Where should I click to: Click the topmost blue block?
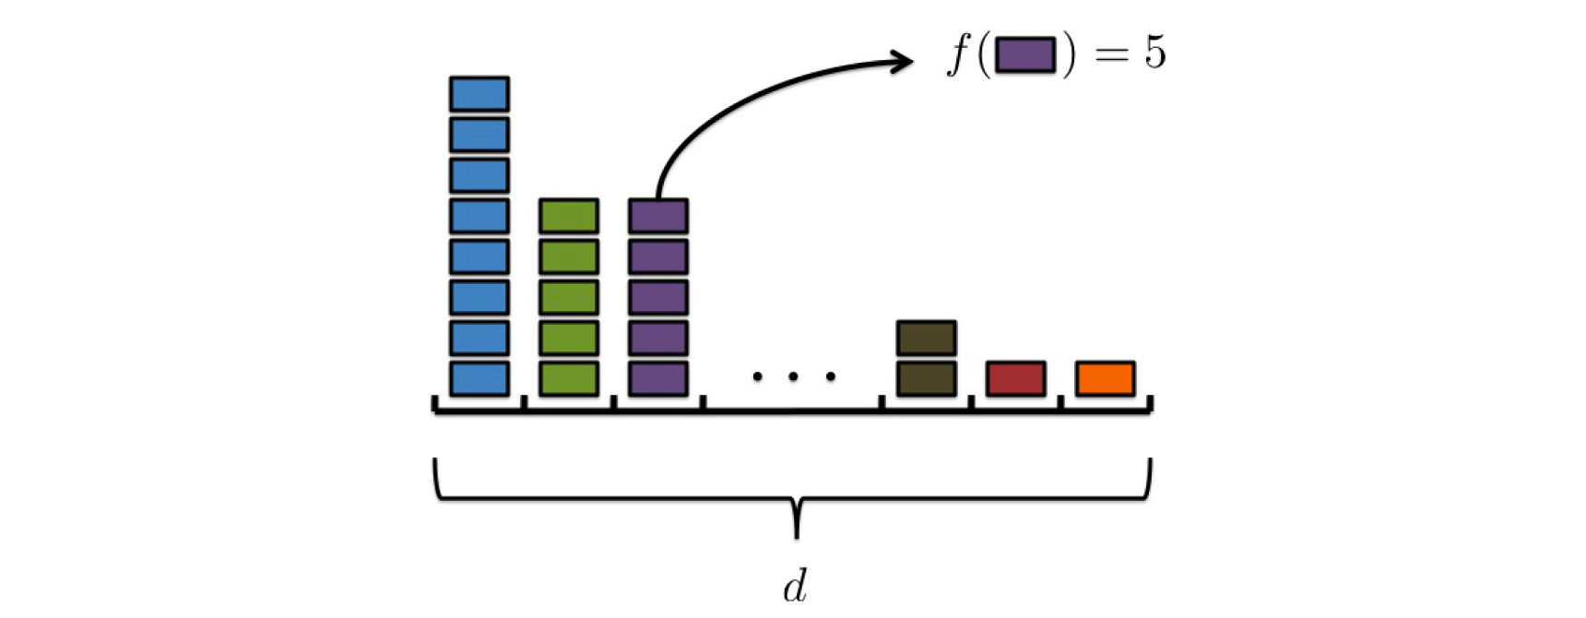[479, 94]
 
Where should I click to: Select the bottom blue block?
[479, 378]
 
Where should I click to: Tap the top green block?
[569, 216]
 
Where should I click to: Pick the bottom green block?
[569, 378]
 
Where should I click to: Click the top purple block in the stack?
[658, 216]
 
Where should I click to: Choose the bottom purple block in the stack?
[658, 378]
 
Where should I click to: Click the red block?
[1016, 378]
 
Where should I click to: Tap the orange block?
[1106, 378]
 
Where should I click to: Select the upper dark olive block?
[927, 338]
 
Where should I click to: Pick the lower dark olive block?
[927, 378]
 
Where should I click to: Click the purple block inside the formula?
[1025, 54]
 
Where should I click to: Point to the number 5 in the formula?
[1155, 53]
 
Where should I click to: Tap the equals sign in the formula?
[1112, 54]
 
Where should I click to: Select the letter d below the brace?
[796, 586]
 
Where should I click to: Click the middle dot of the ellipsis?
[793, 376]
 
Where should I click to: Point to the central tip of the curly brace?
[797, 535]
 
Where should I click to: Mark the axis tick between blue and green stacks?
[524, 403]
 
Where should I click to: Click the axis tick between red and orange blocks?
[1060, 403]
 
